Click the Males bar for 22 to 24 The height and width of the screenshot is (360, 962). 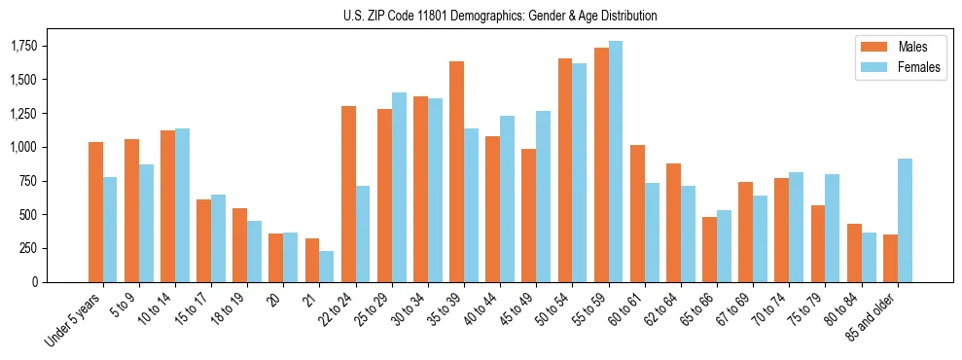click(x=348, y=194)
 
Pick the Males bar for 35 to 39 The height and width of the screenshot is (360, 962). click(x=456, y=171)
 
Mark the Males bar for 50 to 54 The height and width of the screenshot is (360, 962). click(x=565, y=170)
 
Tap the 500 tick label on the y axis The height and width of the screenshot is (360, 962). click(x=29, y=215)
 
